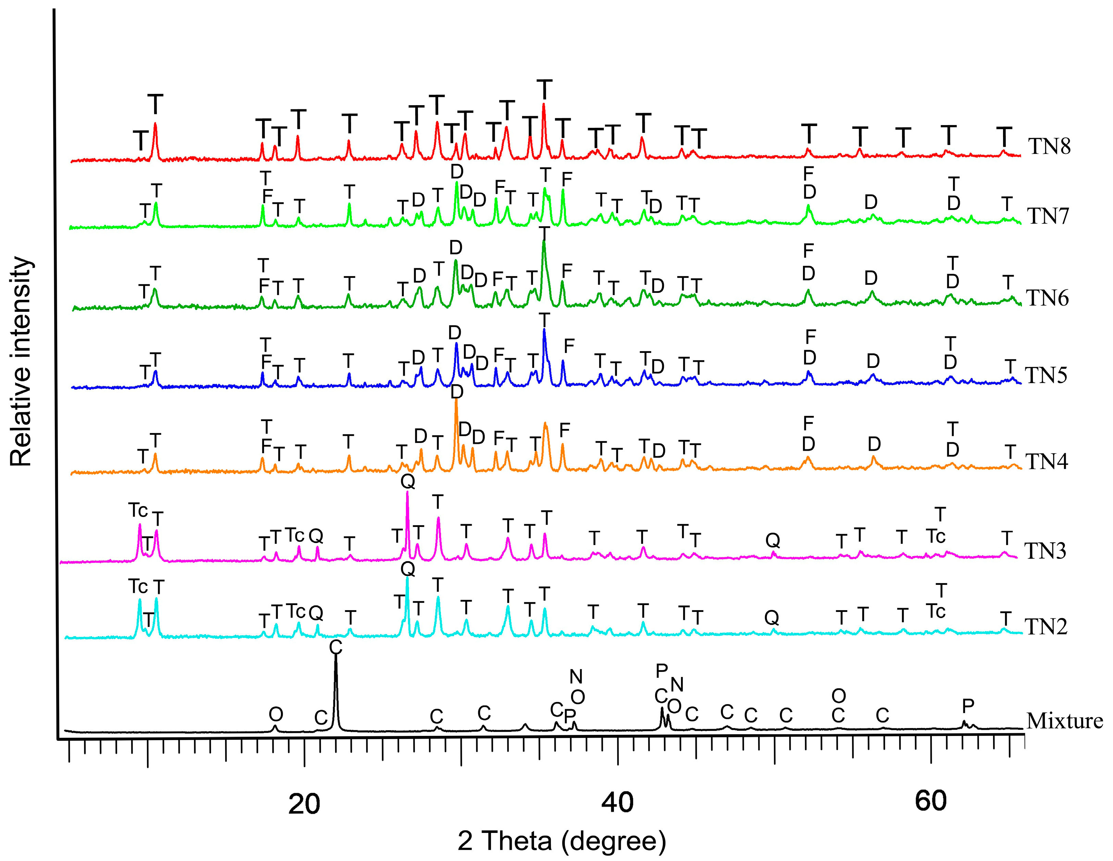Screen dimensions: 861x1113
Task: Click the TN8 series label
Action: point(1049,147)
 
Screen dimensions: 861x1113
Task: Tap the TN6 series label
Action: point(1047,298)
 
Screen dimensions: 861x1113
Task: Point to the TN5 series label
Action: point(1046,376)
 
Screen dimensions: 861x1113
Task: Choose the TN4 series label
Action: point(1046,462)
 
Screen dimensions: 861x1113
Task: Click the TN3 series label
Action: point(1045,551)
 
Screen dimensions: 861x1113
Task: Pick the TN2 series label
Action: point(1046,627)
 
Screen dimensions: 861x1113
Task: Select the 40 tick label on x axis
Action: point(617,802)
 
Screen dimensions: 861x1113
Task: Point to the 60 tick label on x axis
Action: point(930,801)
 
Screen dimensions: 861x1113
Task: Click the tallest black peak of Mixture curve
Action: point(335,657)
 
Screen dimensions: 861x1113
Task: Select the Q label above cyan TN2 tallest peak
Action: point(408,569)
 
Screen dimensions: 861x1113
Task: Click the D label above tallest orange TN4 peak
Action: point(457,392)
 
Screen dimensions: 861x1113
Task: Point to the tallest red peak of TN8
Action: point(544,105)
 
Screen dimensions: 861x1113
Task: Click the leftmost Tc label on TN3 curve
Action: point(138,510)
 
